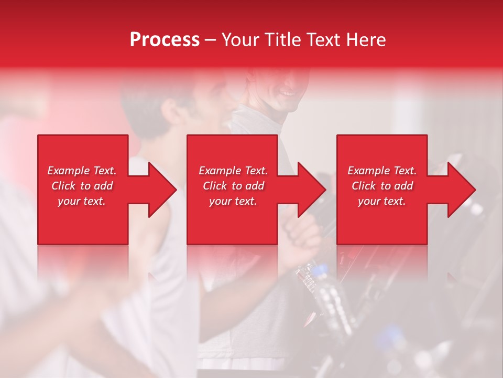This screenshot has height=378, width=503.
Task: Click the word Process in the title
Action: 165,40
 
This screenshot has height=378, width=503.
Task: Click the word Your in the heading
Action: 242,40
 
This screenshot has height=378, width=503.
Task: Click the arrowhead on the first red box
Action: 160,190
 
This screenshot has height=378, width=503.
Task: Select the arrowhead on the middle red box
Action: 309,190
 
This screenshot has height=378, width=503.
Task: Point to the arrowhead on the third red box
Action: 458,190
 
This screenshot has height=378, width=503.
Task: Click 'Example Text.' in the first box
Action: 82,171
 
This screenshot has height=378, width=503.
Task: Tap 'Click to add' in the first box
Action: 82,186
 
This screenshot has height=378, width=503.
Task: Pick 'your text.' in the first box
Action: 82,201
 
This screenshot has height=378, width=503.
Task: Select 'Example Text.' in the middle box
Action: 233,171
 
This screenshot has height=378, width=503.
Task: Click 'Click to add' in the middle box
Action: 233,186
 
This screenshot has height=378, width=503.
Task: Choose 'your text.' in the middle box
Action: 233,201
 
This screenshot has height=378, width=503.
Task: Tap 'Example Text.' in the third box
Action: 382,171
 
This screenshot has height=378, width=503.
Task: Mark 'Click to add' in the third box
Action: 382,186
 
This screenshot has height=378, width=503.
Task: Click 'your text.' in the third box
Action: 382,201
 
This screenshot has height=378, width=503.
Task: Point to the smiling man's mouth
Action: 288,93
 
